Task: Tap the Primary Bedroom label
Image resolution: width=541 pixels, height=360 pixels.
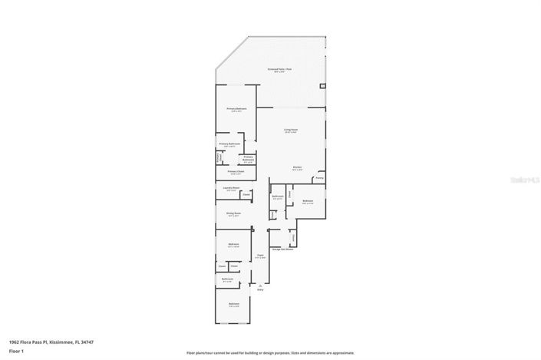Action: pyautogui.click(x=236, y=109)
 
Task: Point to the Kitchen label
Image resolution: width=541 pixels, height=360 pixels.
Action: pyautogui.click(x=297, y=167)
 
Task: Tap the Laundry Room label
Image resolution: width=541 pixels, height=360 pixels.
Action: pyautogui.click(x=231, y=188)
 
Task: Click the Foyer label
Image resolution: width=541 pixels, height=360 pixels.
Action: pyautogui.click(x=261, y=254)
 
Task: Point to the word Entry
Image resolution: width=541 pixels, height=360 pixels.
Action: pyautogui.click(x=260, y=290)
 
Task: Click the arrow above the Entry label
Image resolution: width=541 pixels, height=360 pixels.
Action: pyautogui.click(x=260, y=285)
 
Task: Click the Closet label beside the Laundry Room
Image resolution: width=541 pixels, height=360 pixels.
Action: pyautogui.click(x=246, y=195)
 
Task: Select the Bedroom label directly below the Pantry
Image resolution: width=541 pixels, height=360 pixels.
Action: pyautogui.click(x=308, y=200)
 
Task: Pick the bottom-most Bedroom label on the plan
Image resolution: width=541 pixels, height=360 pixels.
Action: pyautogui.click(x=233, y=304)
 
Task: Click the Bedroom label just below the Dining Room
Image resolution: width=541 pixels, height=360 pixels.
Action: pyautogui.click(x=233, y=245)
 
